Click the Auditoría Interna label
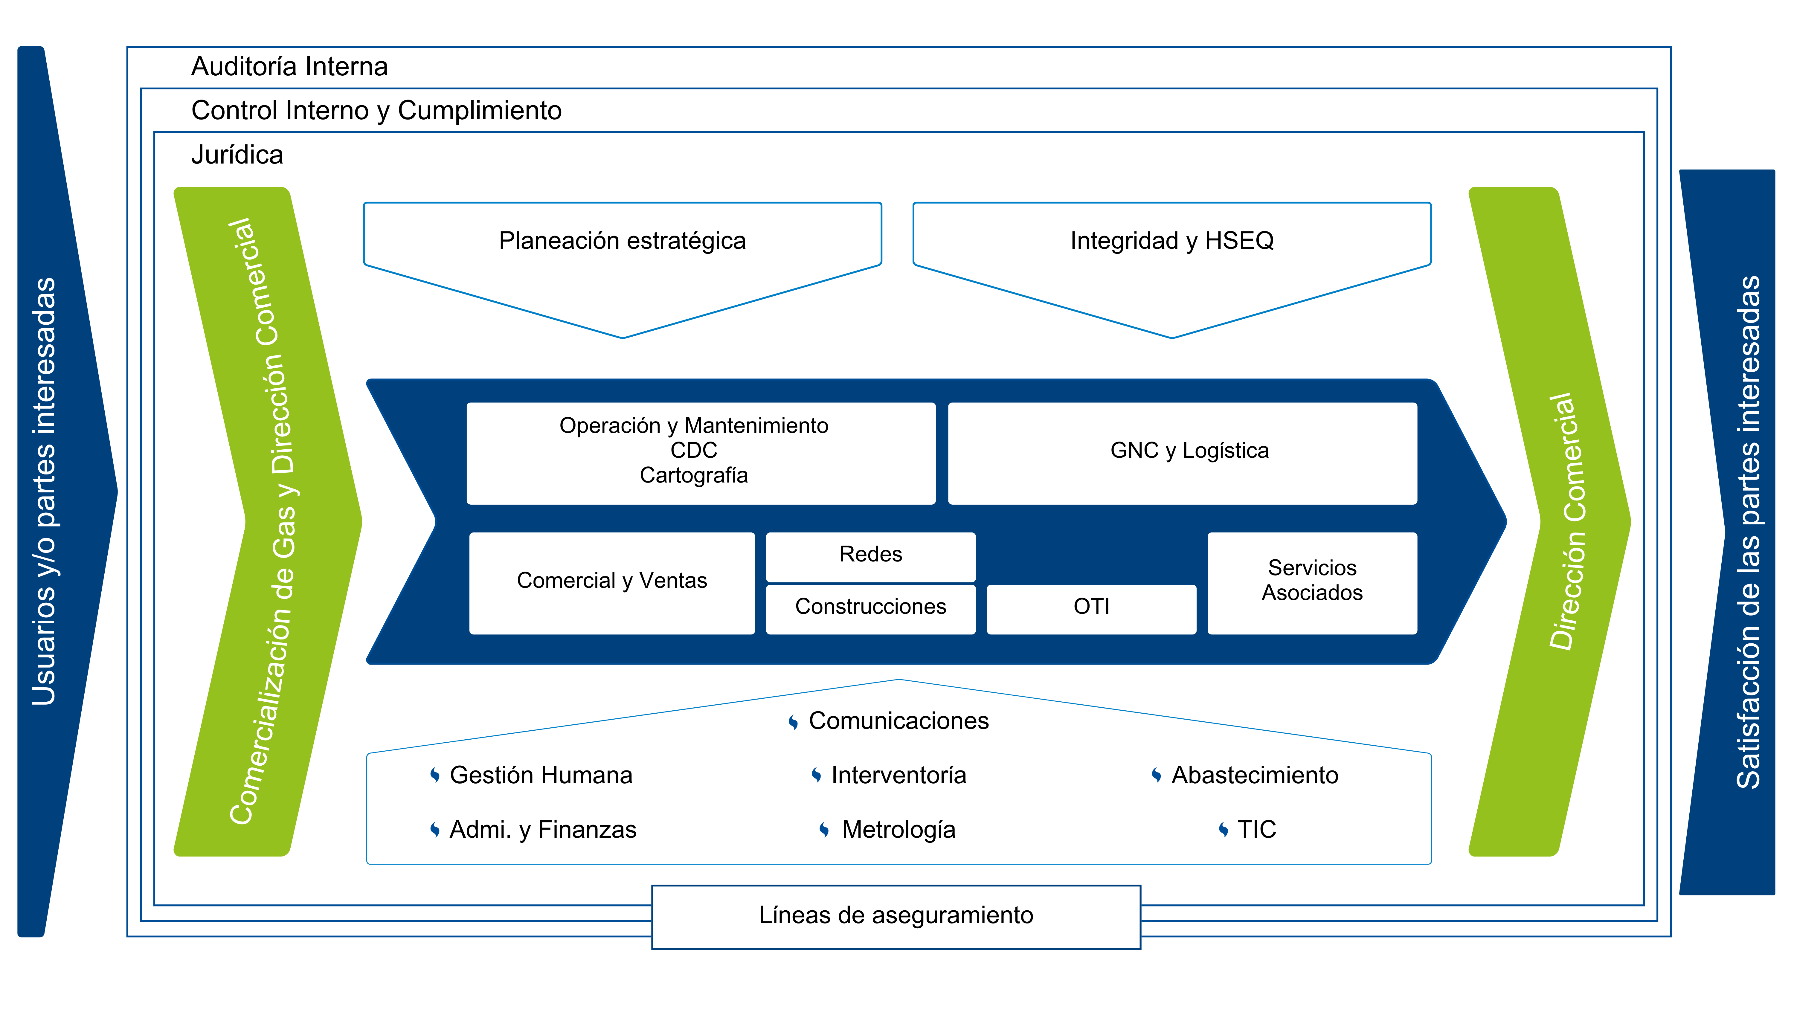tap(289, 67)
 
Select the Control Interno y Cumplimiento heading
tap(376, 111)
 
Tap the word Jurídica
tap(237, 155)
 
